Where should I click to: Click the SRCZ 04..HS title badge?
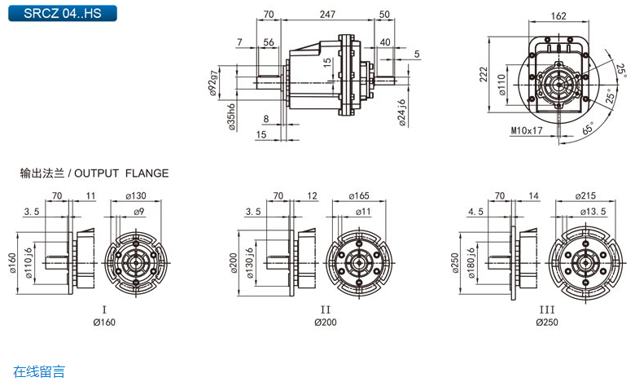point(63,14)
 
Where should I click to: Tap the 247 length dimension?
point(327,15)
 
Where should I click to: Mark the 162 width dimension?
point(558,16)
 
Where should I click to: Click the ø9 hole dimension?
point(140,212)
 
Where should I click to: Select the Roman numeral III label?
point(547,309)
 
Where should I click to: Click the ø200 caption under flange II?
point(326,322)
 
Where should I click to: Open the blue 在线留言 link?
point(38,371)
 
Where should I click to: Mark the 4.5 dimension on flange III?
point(476,212)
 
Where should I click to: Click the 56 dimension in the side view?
point(269,42)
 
